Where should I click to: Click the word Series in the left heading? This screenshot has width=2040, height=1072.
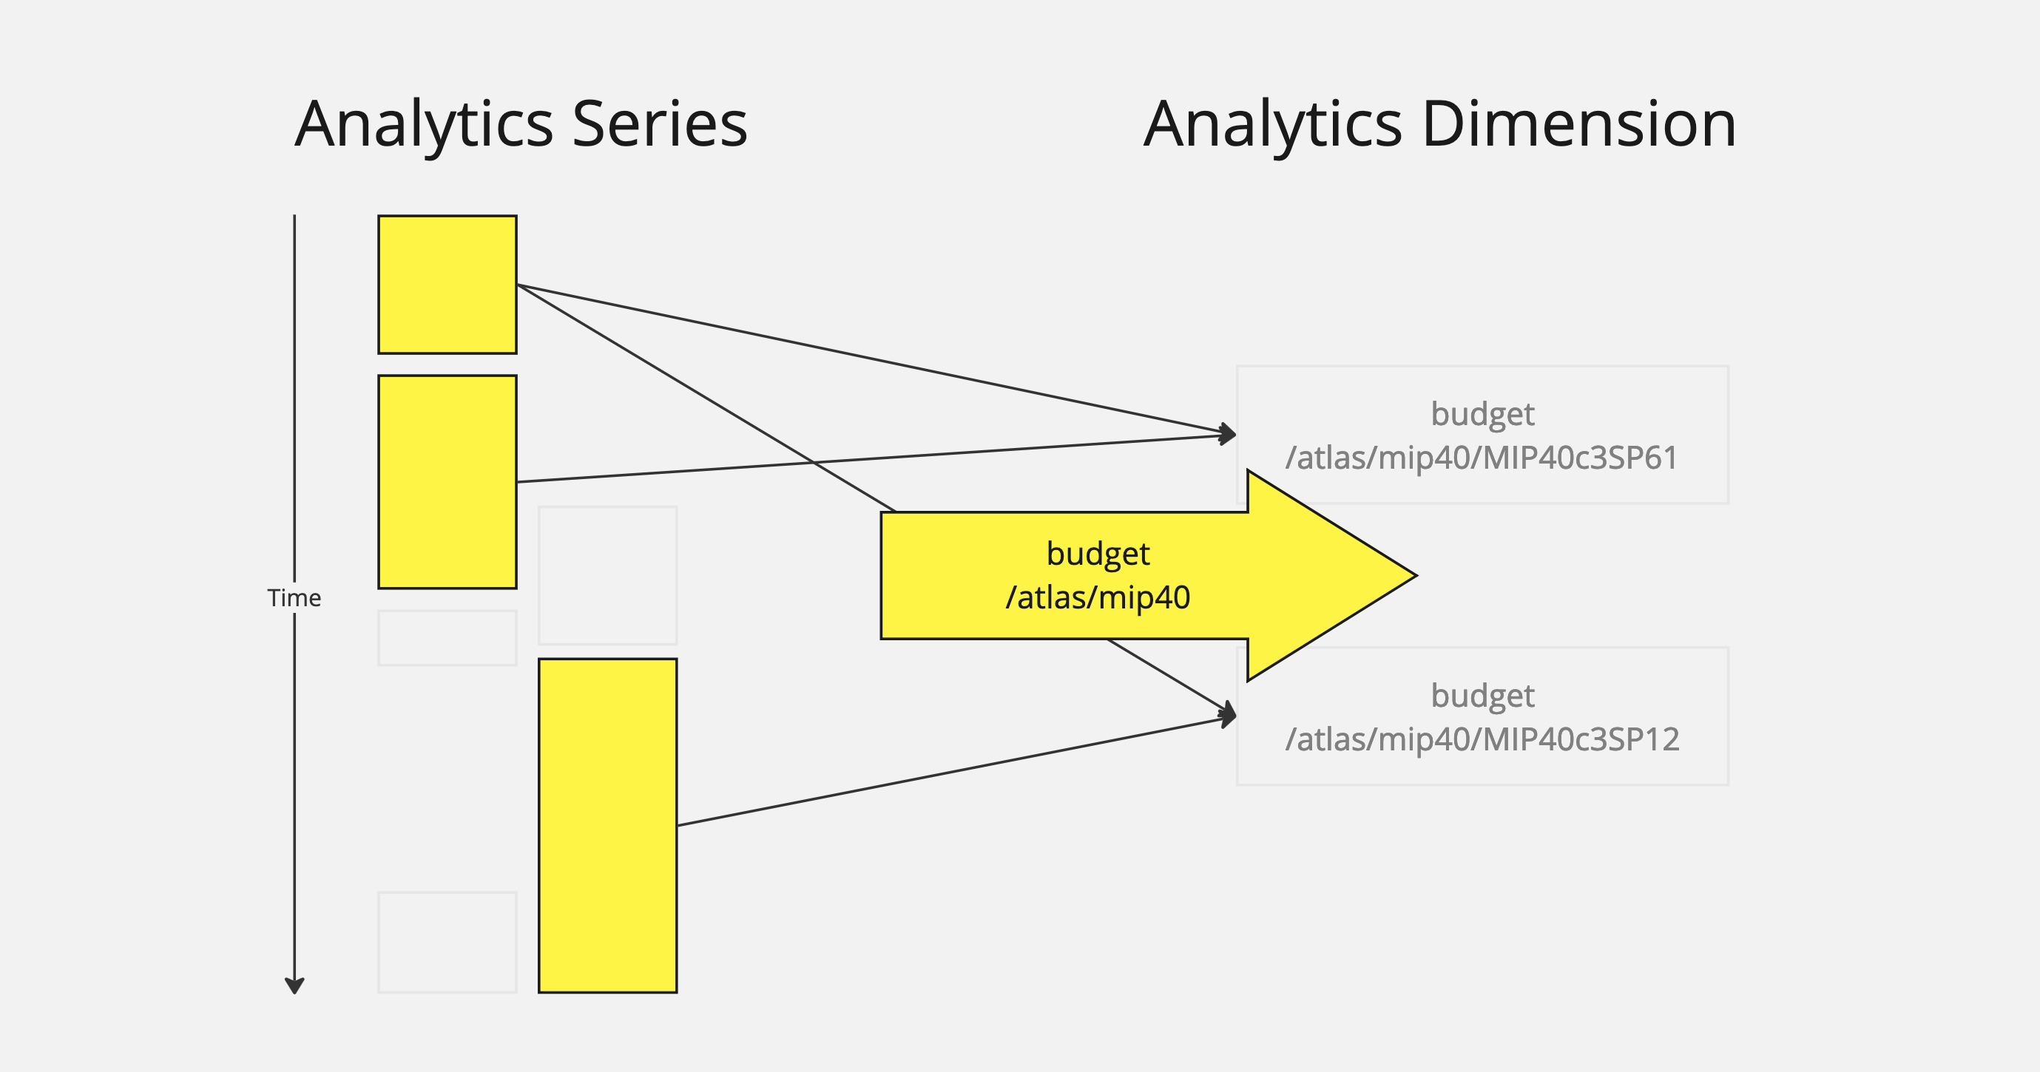(x=660, y=124)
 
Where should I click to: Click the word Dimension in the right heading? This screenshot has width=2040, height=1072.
(x=1579, y=124)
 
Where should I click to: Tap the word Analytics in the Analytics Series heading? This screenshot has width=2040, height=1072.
(x=424, y=124)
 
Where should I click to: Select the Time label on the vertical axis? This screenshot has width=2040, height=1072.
(x=294, y=598)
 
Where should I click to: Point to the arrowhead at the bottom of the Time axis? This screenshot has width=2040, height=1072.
(x=294, y=986)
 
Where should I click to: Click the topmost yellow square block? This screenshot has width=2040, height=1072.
(x=447, y=284)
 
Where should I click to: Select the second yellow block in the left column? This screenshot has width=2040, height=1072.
(x=447, y=481)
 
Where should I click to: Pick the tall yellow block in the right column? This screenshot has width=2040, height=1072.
(x=607, y=825)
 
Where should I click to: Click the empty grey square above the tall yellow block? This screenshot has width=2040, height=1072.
(x=607, y=574)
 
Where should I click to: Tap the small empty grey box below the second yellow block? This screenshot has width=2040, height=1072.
(x=447, y=637)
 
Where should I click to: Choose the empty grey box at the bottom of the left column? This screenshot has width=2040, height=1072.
(x=447, y=942)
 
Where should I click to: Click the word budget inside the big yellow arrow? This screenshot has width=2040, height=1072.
(x=1098, y=554)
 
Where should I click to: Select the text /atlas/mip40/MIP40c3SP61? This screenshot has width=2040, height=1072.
(x=1482, y=458)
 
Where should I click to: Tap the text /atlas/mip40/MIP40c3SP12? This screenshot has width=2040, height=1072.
(x=1482, y=739)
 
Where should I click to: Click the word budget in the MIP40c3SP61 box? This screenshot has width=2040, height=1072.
(x=1482, y=414)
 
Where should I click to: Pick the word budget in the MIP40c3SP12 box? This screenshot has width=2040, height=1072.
(x=1482, y=696)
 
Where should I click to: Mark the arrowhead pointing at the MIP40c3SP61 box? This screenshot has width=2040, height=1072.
(x=1229, y=434)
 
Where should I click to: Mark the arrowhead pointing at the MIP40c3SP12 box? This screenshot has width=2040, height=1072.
(x=1229, y=715)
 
